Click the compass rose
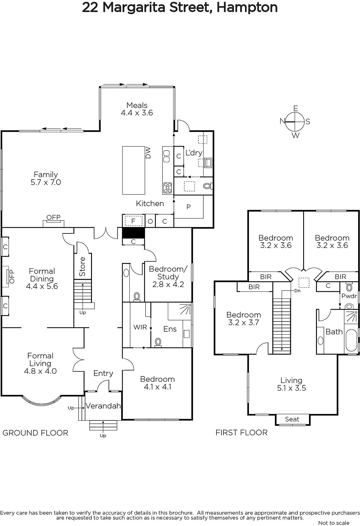pos(295,122)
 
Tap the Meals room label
pos(137,105)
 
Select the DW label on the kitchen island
pos(148,153)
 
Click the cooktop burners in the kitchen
pos(168,188)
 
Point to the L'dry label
pos(194,153)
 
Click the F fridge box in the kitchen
pos(133,221)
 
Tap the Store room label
pos(82,267)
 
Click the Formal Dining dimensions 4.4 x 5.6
pos(42,286)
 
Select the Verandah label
pos(103,406)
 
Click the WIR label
pos(140,327)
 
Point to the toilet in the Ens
pos(158,342)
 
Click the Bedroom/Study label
pos(168,273)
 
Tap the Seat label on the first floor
pos(292,419)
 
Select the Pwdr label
pos(349,296)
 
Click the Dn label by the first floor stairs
pos(297,291)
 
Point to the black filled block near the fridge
pos(133,233)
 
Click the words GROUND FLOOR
pos(35,433)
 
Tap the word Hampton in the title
pos(247,8)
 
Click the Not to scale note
pos(334,523)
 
